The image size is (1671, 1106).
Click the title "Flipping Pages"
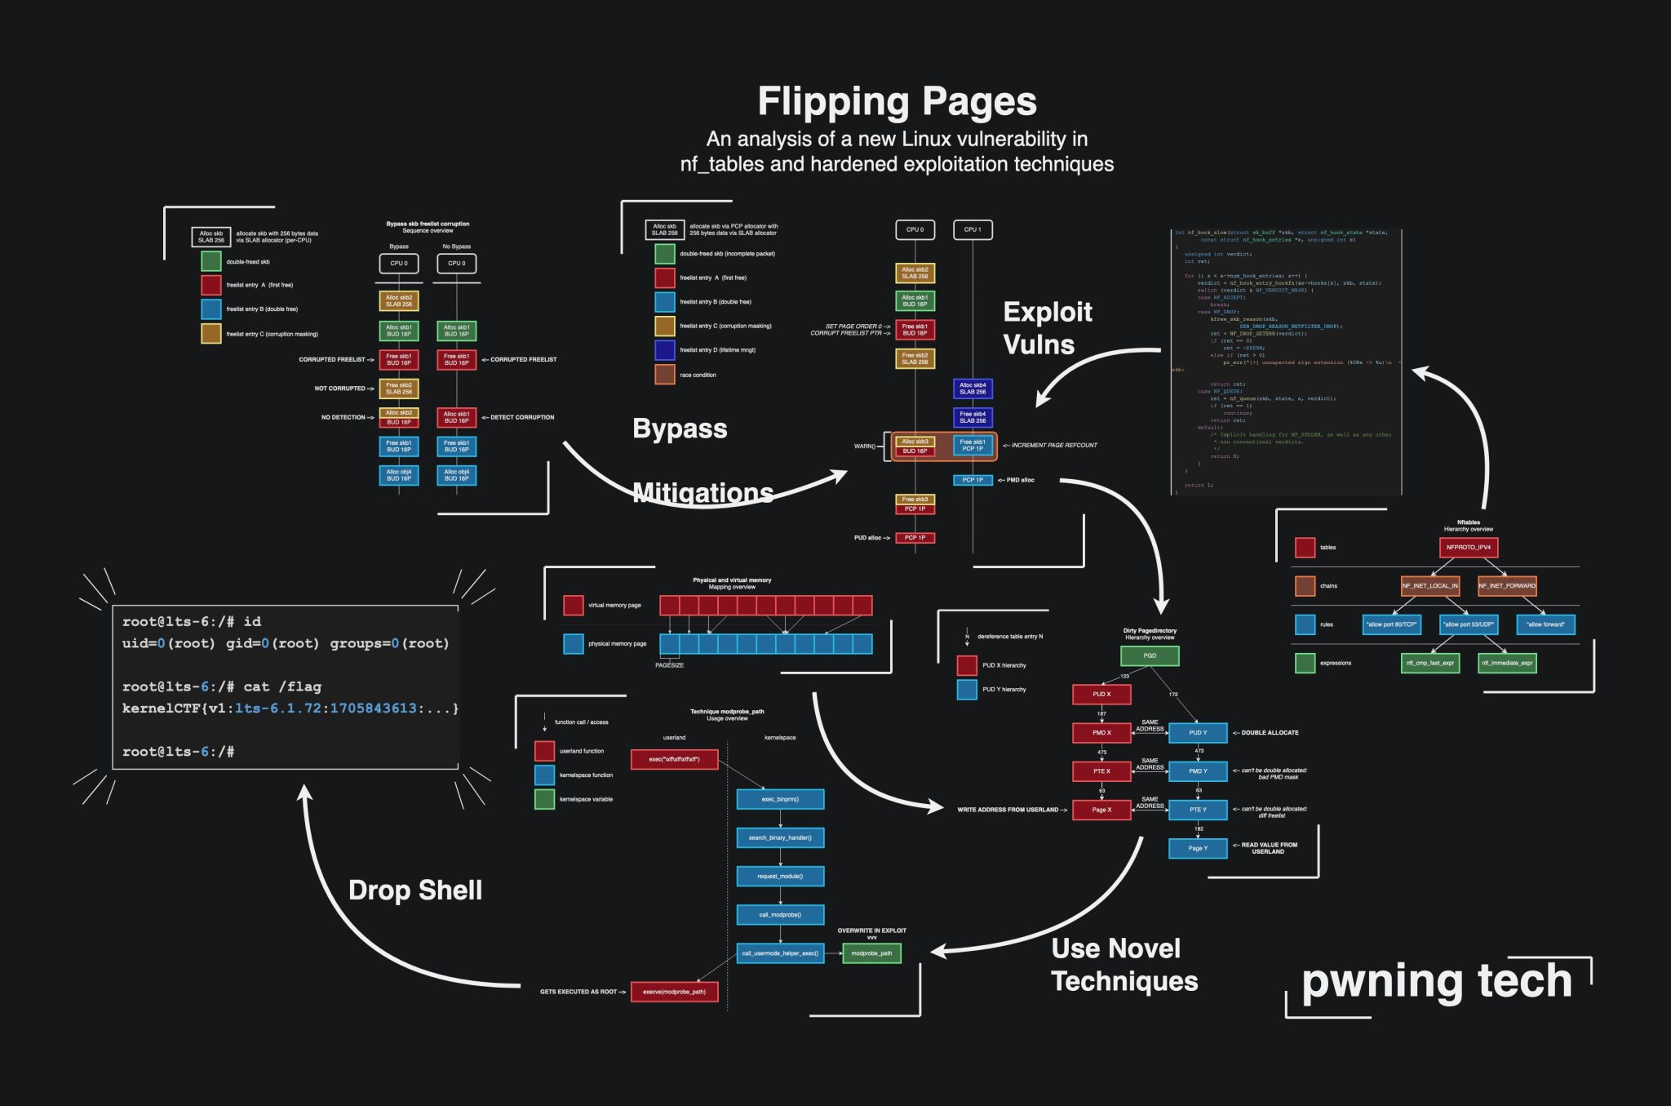tap(897, 102)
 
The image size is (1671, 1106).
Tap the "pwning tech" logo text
tap(1436, 980)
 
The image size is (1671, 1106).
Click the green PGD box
tap(1150, 655)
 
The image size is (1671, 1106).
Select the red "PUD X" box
tap(1101, 694)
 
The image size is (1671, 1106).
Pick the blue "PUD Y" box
tap(1198, 732)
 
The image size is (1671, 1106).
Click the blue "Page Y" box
tap(1198, 848)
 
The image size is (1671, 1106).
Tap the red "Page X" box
tap(1101, 810)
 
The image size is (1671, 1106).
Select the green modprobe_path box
tap(871, 953)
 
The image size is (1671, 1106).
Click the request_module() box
tap(780, 876)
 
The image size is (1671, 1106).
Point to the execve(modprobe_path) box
tap(674, 992)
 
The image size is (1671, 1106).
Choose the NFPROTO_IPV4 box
tap(1468, 547)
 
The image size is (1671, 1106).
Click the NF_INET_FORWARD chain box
tap(1507, 585)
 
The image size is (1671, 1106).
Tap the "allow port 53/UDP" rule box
tap(1468, 624)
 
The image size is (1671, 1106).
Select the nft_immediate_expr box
tap(1507, 663)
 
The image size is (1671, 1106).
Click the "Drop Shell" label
tap(415, 890)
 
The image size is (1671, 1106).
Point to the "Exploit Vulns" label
tap(1047, 327)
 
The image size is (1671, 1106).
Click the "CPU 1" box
tap(973, 229)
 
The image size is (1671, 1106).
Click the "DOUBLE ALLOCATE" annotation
tap(1270, 732)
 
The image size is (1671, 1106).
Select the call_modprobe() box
tap(780, 914)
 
